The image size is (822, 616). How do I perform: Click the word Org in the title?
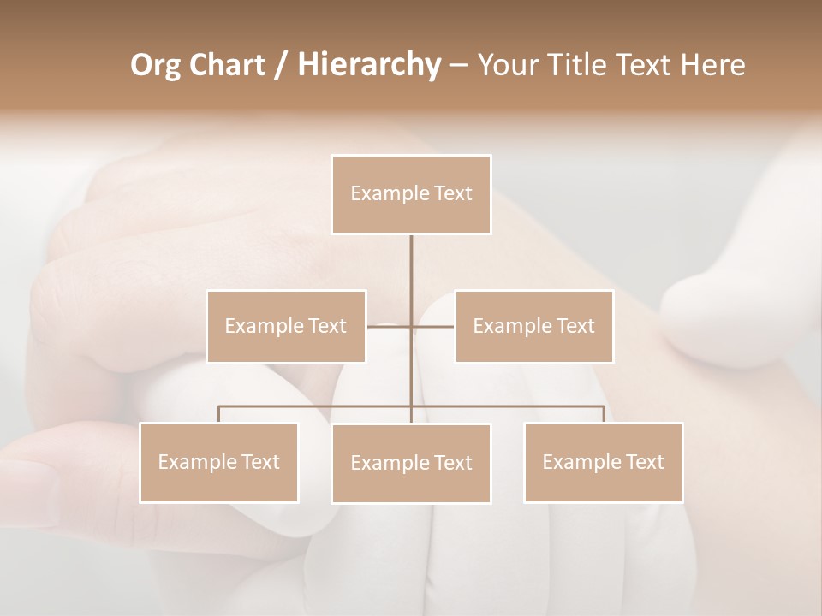pyautogui.click(x=155, y=65)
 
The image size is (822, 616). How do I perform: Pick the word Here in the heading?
pyautogui.click(x=713, y=65)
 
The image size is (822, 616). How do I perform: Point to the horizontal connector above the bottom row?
pyautogui.click(x=514, y=406)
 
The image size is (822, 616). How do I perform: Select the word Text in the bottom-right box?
pyautogui.click(x=645, y=462)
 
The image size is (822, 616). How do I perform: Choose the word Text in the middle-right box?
pyautogui.click(x=575, y=326)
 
